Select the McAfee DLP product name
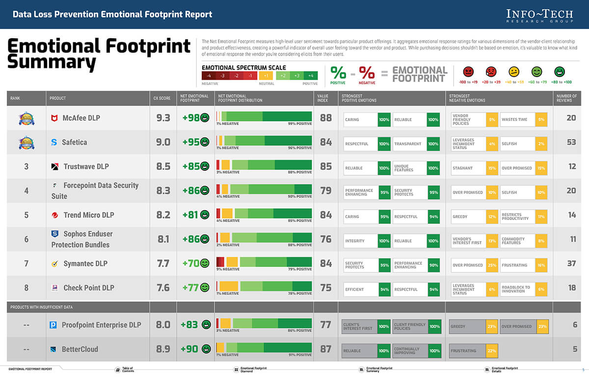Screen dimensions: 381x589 [81, 118]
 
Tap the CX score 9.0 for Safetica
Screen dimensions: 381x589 [163, 142]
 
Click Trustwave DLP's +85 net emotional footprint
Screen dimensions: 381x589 [191, 166]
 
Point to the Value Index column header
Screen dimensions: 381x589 [323, 98]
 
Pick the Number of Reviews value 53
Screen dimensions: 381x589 [571, 142]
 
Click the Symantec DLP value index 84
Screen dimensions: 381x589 [325, 264]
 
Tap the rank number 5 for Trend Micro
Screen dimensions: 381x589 [27, 215]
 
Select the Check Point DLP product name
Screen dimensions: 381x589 [89, 288]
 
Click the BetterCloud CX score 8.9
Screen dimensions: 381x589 [163, 349]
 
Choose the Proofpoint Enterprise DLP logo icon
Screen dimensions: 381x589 [54, 325]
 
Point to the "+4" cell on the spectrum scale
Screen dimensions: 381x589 [310, 76]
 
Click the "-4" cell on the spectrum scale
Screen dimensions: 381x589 [209, 76]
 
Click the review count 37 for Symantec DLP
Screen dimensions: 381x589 [571, 264]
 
